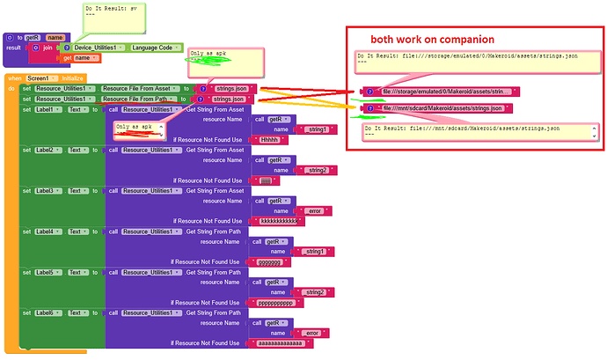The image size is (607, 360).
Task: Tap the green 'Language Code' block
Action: point(155,48)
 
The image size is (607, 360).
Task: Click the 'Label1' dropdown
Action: point(51,110)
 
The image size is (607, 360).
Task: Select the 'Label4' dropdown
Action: point(51,231)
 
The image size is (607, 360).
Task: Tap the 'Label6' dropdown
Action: point(51,312)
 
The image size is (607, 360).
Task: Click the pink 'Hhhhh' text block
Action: point(267,140)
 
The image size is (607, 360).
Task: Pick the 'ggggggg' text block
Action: point(267,261)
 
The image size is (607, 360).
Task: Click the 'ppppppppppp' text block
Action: point(274,302)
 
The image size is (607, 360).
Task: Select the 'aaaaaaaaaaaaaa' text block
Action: point(280,342)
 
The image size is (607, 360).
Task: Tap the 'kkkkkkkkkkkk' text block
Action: point(276,221)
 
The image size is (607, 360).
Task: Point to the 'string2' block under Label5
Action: point(313,292)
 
